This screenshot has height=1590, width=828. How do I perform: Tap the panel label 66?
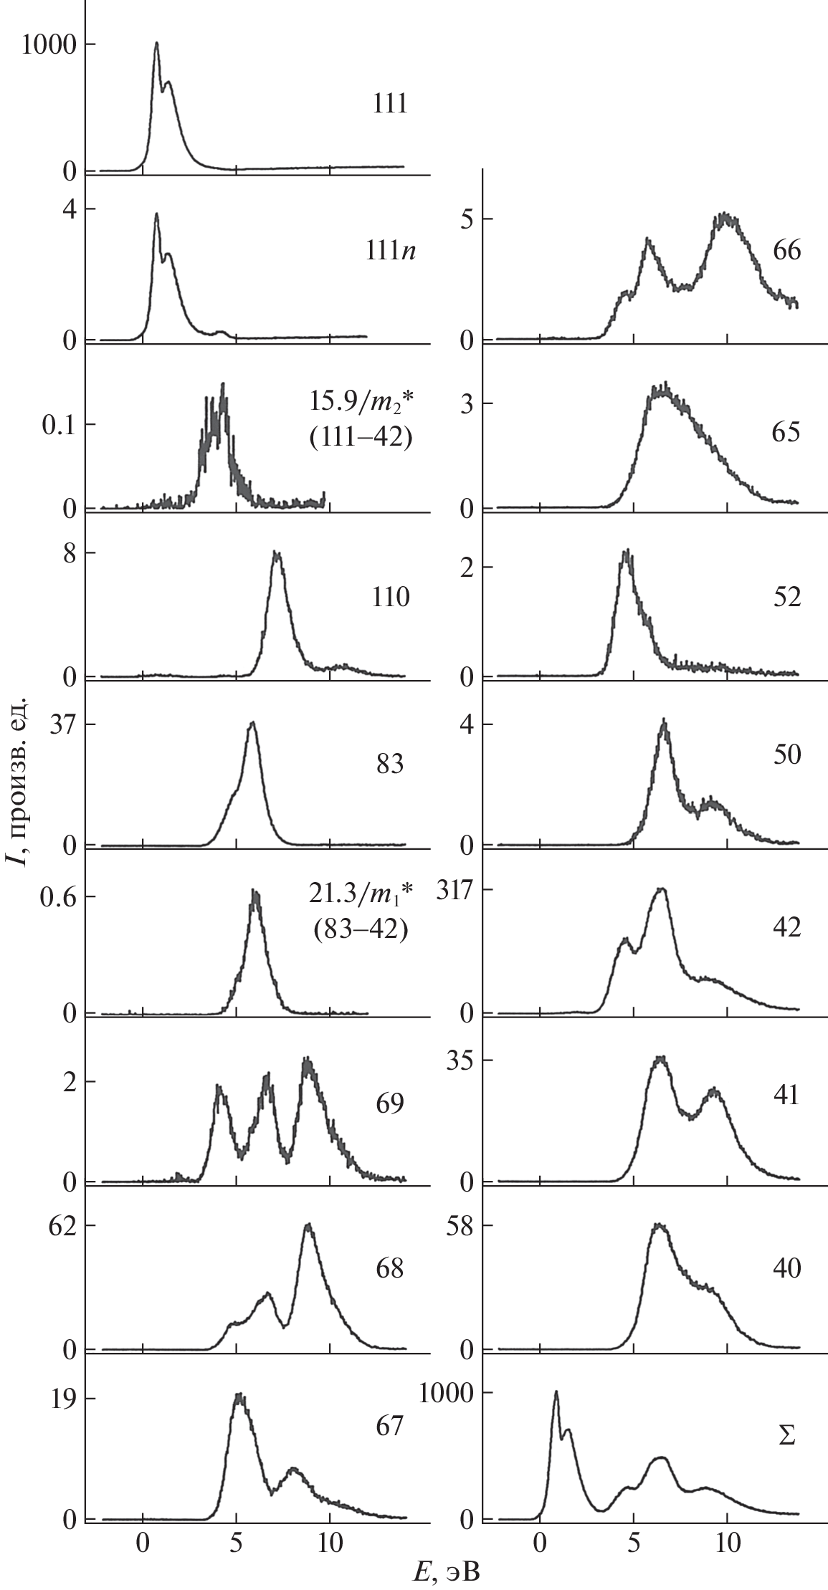(786, 252)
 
